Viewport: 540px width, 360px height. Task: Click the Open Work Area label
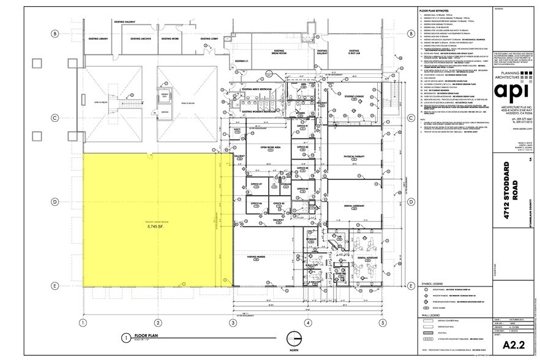[270, 148]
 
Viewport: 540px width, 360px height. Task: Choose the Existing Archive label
[141, 39]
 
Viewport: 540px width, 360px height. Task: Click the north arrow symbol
[294, 339]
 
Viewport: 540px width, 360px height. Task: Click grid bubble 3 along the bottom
[233, 321]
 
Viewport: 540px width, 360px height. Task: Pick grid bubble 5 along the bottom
[381, 321]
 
